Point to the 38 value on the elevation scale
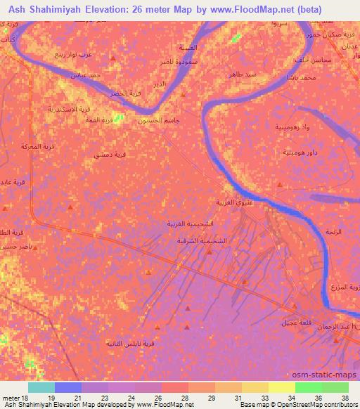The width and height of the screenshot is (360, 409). [x=344, y=398]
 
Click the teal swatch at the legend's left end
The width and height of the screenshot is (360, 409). [x=41, y=387]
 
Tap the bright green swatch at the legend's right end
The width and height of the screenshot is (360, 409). [x=335, y=387]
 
